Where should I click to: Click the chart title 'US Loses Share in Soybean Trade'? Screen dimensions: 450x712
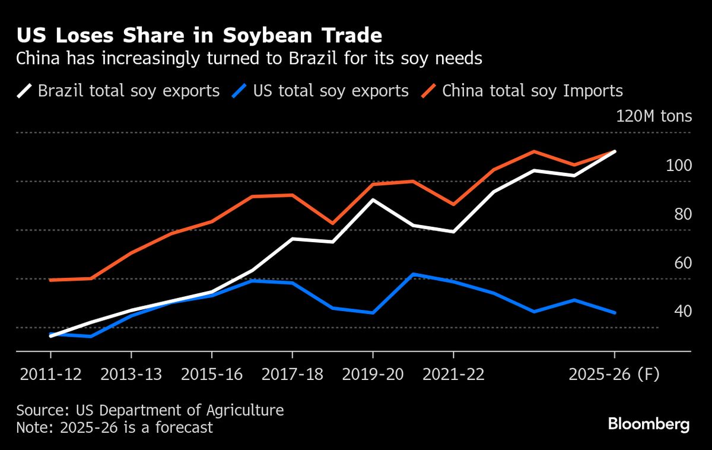pos(199,36)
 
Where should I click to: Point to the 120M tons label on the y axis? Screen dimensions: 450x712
pos(654,116)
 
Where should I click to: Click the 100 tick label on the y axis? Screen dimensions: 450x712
pos(678,165)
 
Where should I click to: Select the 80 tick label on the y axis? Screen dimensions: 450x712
pos(683,214)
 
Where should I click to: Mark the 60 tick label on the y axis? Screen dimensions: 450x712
pos(683,262)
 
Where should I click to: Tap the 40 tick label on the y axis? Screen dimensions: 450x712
pos(683,311)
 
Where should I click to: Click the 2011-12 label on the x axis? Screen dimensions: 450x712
pos(50,375)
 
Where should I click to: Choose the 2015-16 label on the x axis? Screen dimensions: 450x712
pos(212,375)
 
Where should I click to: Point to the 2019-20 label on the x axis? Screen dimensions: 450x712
pos(373,375)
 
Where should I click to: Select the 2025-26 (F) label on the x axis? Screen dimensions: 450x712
pos(614,375)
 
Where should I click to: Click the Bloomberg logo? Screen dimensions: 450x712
pos(649,424)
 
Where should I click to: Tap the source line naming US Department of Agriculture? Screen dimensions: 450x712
pos(150,410)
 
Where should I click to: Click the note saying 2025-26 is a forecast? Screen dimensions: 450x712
pos(114,427)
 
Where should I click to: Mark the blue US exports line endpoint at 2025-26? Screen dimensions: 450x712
pos(614,312)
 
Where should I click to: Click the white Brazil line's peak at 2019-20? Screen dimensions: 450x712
pos(373,199)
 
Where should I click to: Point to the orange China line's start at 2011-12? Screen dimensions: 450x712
pos(50,280)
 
